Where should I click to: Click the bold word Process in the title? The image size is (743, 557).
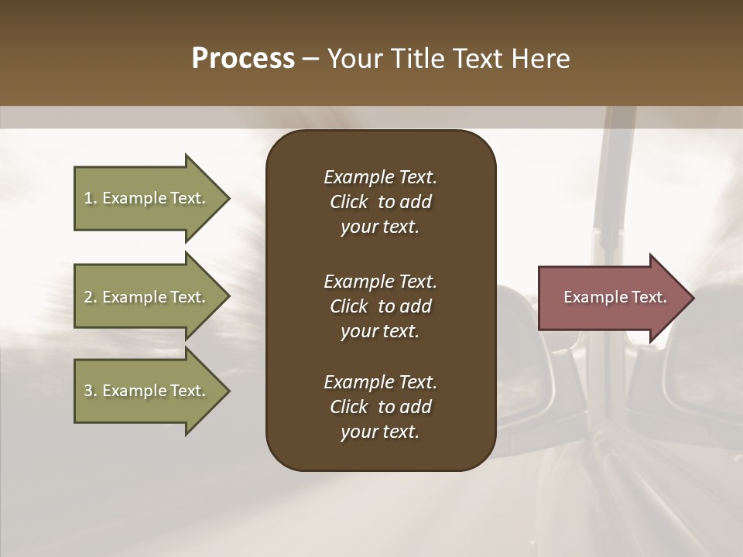[243, 59]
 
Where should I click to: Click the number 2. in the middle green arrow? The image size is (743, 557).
[91, 297]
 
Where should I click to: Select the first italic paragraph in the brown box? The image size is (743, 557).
[380, 202]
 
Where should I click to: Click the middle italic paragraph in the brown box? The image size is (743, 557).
[380, 306]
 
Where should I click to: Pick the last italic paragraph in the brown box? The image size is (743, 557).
[380, 407]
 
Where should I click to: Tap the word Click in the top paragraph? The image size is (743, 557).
[348, 202]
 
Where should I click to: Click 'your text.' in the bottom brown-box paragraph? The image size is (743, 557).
[380, 432]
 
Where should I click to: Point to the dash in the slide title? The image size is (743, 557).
[311, 59]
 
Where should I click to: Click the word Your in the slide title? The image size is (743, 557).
[352, 59]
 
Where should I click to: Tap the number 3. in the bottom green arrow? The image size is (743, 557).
[91, 391]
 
